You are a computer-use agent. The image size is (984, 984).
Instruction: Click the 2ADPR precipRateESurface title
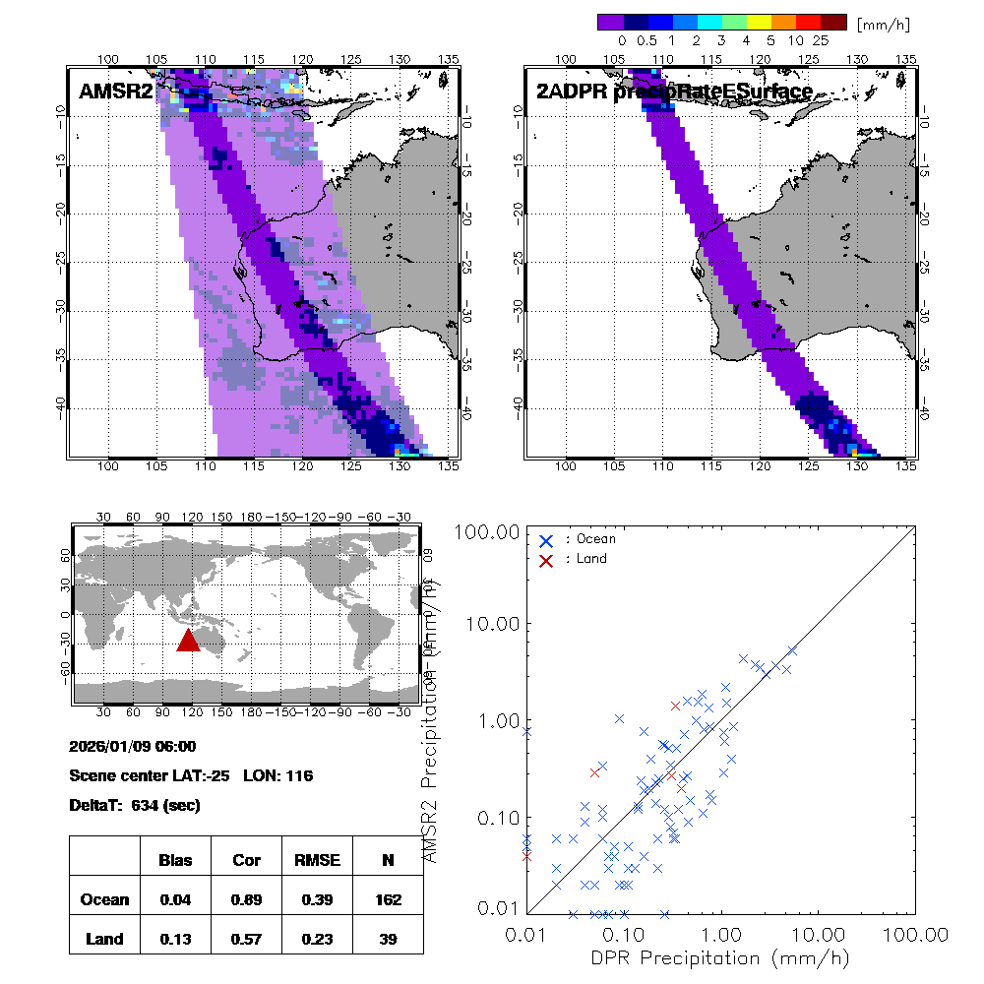tap(674, 92)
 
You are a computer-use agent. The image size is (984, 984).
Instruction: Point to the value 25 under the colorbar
tap(822, 41)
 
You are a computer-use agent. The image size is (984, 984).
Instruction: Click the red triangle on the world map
tap(188, 640)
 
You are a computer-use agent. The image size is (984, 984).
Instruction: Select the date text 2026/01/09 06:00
tap(133, 747)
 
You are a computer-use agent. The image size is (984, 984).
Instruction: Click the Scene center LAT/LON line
tap(191, 775)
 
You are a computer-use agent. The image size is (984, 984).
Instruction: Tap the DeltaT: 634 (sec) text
tap(135, 805)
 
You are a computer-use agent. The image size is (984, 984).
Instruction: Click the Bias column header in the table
tap(175, 860)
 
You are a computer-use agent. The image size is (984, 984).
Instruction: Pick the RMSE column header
tap(317, 860)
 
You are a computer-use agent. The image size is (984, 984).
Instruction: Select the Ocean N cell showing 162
tap(388, 899)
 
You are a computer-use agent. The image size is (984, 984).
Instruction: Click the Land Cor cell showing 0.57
tap(246, 939)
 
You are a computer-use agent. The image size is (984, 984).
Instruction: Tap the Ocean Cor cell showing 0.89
tap(246, 899)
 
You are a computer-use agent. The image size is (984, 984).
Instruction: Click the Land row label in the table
tap(104, 939)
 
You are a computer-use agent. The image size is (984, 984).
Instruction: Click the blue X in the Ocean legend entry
tap(545, 540)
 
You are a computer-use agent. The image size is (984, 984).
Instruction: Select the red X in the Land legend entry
tap(545, 559)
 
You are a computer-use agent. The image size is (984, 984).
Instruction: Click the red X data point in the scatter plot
tap(671, 774)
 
